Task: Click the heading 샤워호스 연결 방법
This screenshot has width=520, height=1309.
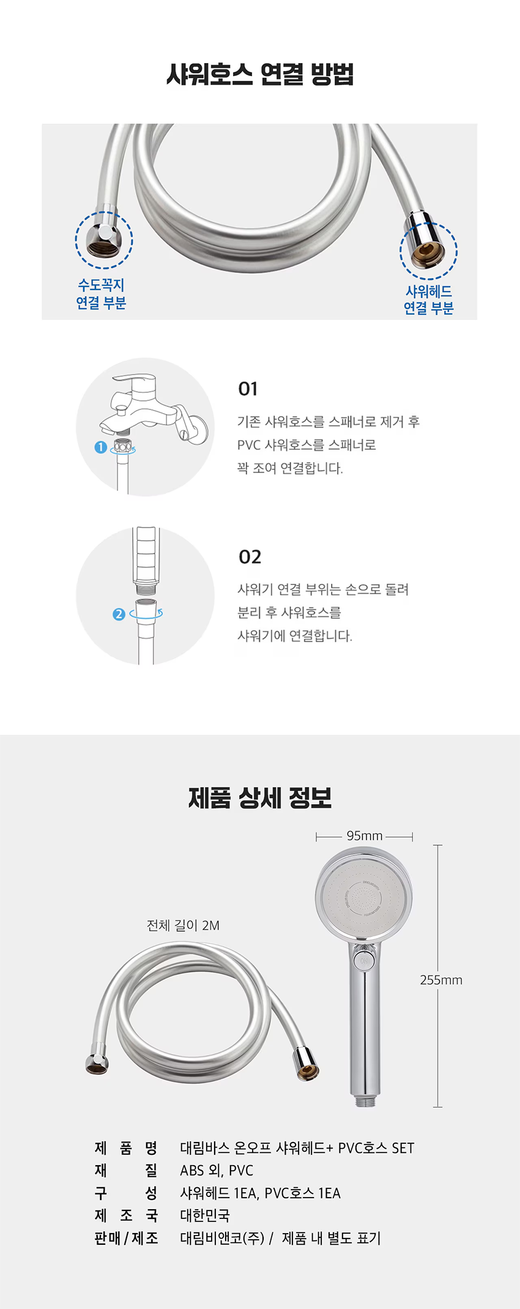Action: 260,75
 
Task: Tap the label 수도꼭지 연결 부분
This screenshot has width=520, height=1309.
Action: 101,294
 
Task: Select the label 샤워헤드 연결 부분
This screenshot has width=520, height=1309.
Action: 428,300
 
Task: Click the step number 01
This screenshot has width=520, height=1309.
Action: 248,389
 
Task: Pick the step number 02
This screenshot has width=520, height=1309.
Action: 250,557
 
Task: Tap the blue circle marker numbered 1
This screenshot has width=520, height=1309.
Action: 101,447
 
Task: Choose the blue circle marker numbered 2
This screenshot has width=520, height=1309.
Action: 119,614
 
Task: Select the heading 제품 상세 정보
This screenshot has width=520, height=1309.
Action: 260,797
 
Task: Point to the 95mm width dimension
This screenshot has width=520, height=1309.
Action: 365,836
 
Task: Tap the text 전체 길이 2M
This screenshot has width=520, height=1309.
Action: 183,925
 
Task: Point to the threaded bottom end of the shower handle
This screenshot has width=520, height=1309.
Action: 365,1101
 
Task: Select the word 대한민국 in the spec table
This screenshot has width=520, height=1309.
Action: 205,1215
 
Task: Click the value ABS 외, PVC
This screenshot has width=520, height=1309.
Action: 217,1171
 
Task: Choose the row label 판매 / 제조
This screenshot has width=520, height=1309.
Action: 127,1238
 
